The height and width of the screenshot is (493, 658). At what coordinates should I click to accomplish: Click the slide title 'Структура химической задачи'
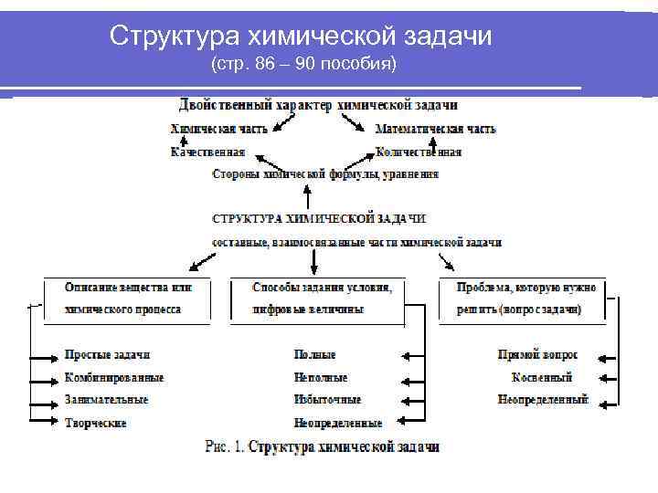point(301,36)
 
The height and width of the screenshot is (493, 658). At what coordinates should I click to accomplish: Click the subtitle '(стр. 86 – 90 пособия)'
point(303,66)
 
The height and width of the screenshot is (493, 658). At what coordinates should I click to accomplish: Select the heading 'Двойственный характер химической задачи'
point(318,106)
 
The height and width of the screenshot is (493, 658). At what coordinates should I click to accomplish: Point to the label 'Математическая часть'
point(435,130)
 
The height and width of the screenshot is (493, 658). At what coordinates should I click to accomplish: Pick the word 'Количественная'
point(419,152)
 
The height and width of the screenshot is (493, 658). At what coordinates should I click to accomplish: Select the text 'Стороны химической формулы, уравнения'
point(324,173)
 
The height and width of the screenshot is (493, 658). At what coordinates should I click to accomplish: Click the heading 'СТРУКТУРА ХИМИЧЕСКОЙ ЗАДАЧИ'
point(319,219)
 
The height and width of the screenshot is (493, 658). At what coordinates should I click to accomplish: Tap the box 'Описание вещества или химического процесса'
point(128,299)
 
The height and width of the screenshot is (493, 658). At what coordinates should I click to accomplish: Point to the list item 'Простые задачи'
point(107,355)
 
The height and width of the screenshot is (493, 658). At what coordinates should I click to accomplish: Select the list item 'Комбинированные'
point(114,377)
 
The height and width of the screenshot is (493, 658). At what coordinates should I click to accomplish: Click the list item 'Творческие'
point(96,423)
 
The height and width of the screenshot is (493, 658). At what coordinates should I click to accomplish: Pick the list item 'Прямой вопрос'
point(537,355)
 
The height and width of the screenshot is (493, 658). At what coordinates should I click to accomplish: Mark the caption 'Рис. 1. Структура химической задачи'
point(322,447)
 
